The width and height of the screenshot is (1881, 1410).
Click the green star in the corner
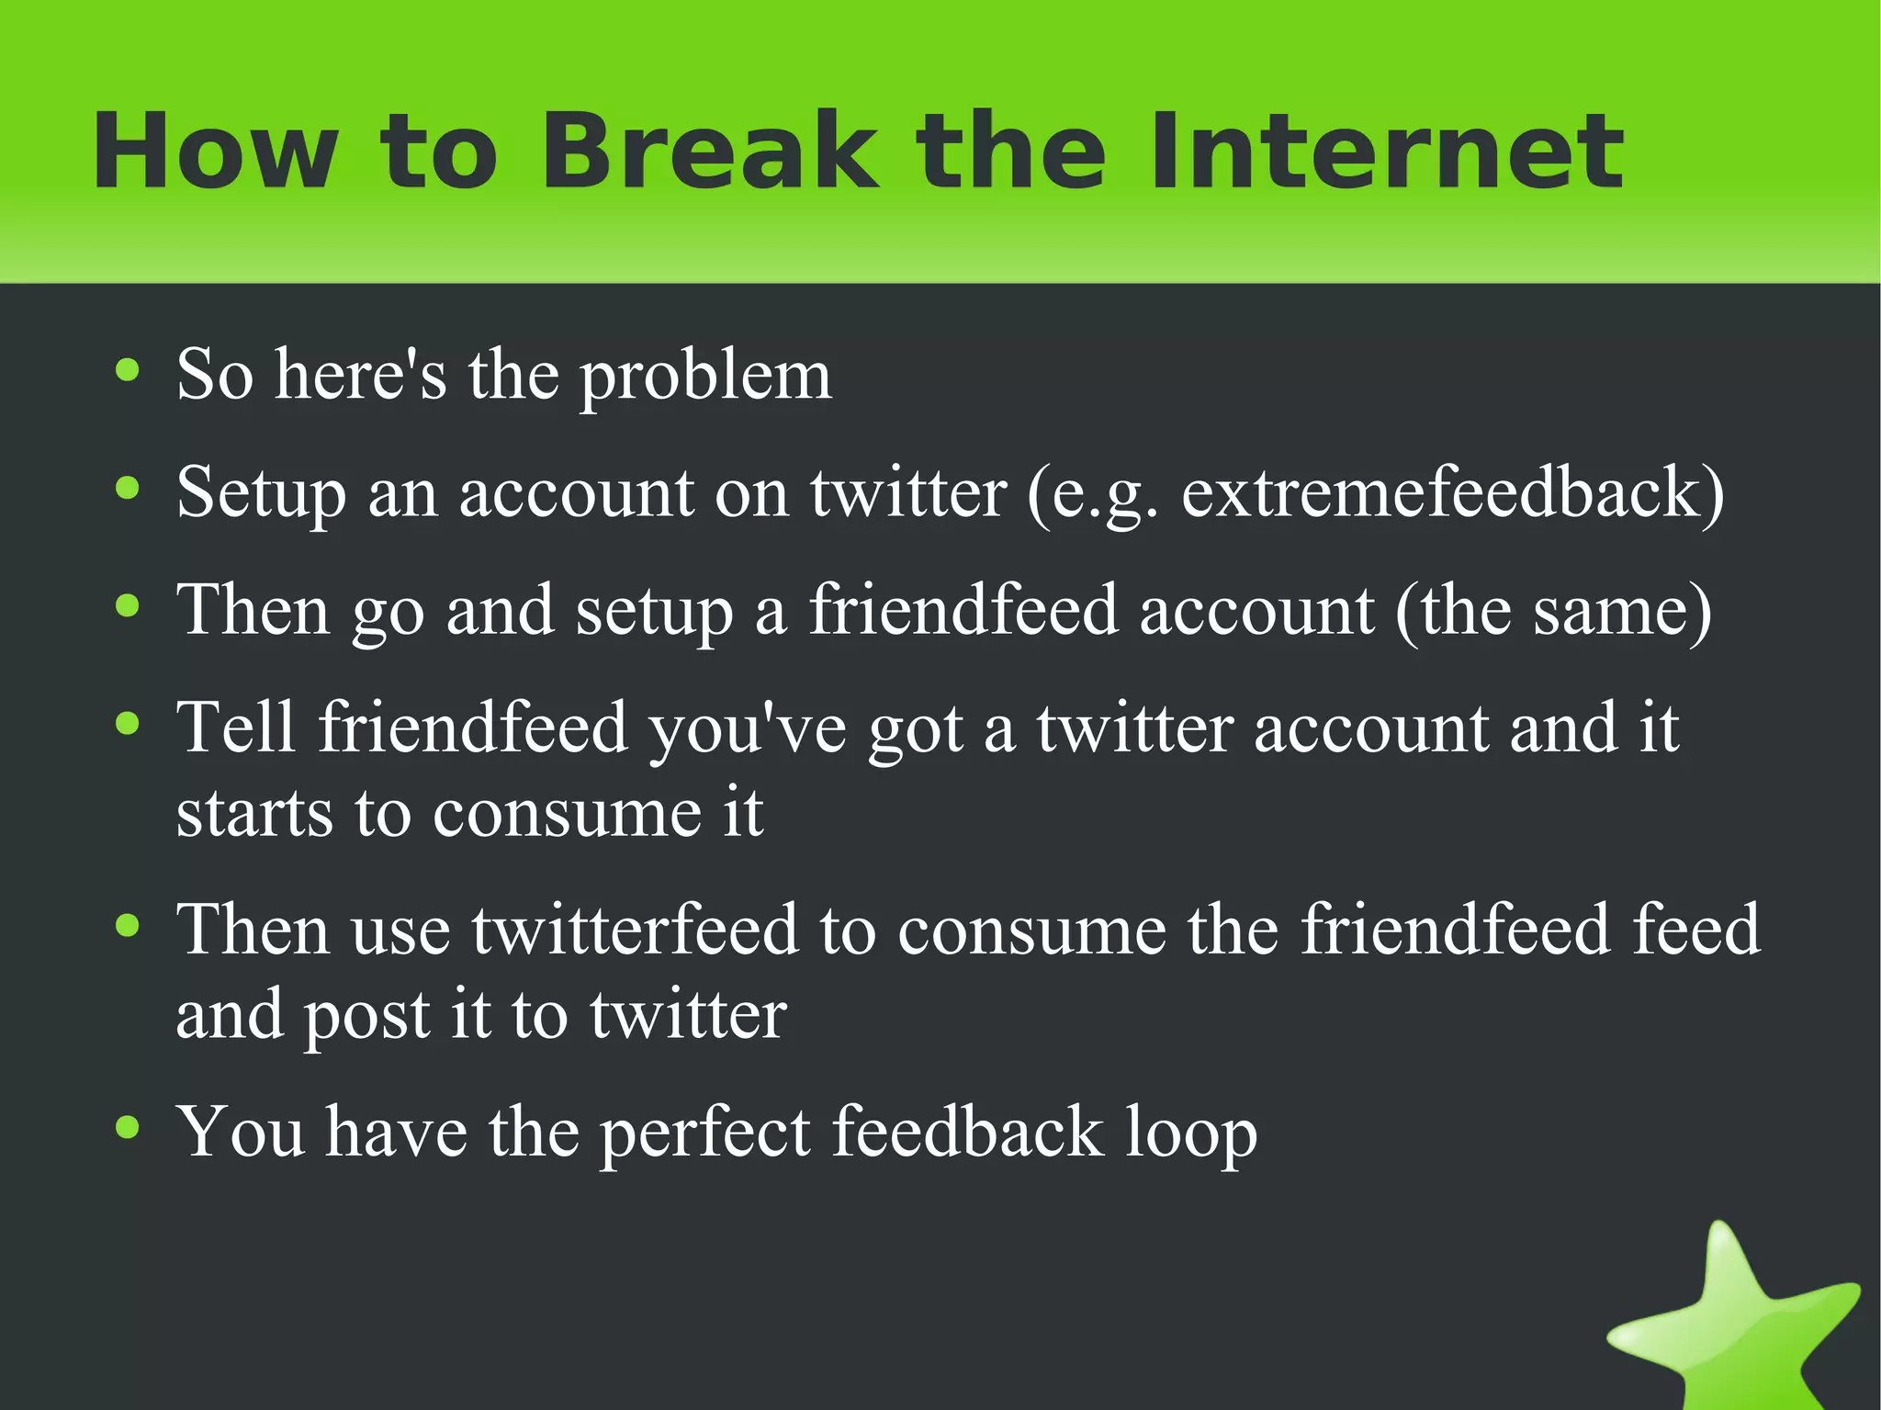click(x=1736, y=1323)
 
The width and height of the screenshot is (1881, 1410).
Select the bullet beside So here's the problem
click(x=128, y=371)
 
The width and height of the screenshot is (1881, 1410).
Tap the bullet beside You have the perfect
click(x=128, y=1126)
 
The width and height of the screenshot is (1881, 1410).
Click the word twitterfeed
click(x=634, y=930)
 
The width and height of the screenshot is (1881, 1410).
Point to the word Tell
click(x=236, y=728)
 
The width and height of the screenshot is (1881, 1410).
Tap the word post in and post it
click(x=366, y=1016)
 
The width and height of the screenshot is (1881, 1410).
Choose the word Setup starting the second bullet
click(x=261, y=494)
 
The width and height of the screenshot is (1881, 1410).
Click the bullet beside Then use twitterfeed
click(x=128, y=926)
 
